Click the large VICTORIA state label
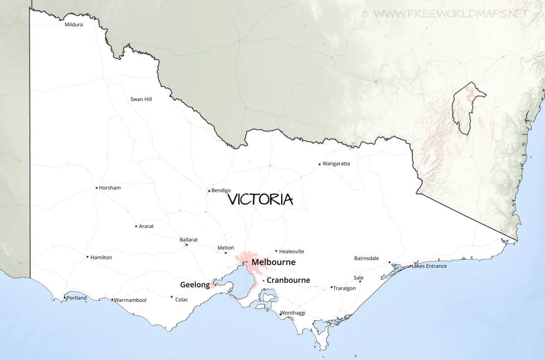[260, 199]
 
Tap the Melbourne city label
[273, 262]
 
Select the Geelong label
[195, 285]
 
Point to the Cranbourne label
[288, 280]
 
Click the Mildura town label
[74, 25]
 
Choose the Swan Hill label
[141, 99]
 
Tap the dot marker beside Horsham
[96, 188]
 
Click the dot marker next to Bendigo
[209, 191]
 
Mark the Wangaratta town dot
[320, 164]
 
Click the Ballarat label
[188, 239]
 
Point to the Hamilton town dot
[88, 257]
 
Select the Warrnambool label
[130, 300]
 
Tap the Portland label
[76, 298]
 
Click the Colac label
[181, 300]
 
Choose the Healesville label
[292, 252]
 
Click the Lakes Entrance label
[429, 266]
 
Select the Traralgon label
[344, 288]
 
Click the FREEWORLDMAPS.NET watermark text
[451, 14]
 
